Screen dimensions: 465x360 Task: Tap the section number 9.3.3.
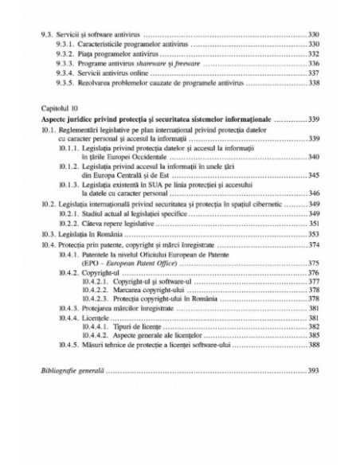coord(65,63)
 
